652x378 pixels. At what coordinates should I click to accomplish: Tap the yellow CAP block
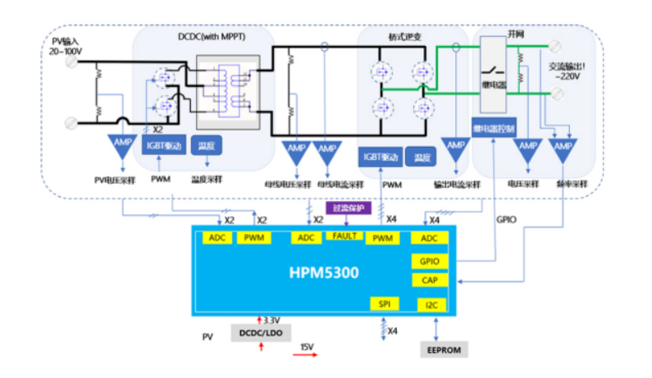[430, 280]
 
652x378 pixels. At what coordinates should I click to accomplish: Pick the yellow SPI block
[384, 303]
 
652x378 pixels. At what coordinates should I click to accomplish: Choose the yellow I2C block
[431, 305]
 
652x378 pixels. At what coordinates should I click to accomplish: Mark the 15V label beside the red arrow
[307, 347]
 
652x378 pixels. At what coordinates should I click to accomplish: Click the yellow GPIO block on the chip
[430, 262]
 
